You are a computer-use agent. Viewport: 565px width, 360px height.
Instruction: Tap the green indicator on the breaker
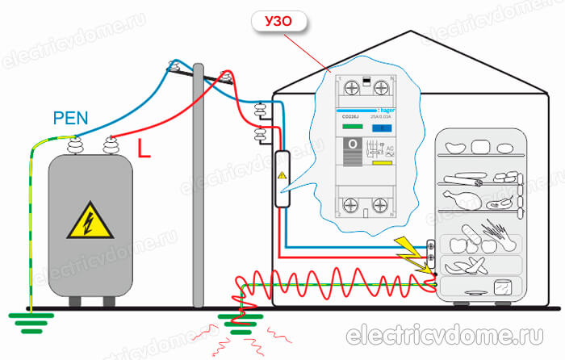[x=353, y=127]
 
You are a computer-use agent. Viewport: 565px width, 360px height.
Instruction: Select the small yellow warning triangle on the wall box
[x=282, y=175]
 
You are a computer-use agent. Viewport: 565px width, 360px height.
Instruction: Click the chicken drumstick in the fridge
[x=467, y=195]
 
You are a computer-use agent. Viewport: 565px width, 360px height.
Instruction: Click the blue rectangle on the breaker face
[x=386, y=128]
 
